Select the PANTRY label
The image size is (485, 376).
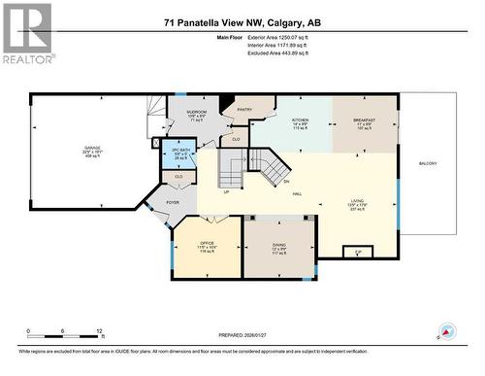244,110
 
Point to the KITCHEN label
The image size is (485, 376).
301,120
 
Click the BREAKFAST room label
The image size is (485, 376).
364,120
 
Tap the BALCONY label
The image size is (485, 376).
428,163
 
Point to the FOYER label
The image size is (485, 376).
173,202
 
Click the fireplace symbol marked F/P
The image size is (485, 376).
358,252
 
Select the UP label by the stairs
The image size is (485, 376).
227,191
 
